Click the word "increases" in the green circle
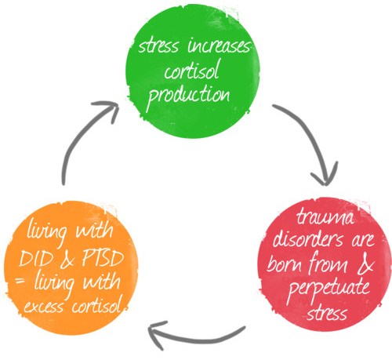[219, 46]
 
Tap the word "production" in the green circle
[188, 96]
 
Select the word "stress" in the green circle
[158, 47]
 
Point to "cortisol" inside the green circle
[191, 70]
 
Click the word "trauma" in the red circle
[325, 219]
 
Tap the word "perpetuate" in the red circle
[328, 289]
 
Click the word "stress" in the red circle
[327, 312]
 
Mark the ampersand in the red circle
[365, 264]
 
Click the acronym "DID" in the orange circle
[35, 259]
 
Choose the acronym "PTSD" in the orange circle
[103, 258]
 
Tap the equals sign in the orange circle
[20, 282]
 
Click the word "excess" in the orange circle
[44, 307]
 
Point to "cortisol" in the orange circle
[96, 304]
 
